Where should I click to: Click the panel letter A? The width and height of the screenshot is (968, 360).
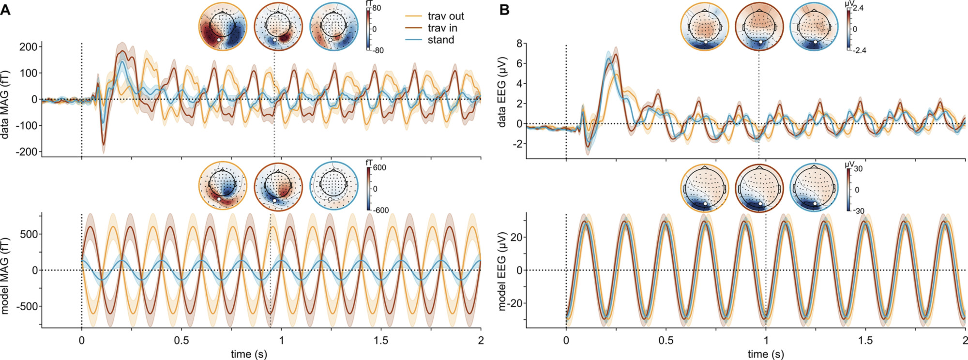[5, 10]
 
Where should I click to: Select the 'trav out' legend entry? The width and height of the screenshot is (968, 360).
[446, 16]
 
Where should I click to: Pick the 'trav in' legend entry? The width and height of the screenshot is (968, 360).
[442, 28]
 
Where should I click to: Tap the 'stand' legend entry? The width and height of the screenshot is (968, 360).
[440, 40]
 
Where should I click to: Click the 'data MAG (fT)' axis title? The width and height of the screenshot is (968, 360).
[5, 105]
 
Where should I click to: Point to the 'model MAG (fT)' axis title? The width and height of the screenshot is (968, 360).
[5, 276]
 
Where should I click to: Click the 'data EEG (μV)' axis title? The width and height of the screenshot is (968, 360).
[502, 92]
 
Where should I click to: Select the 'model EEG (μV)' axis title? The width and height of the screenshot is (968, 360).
[502, 271]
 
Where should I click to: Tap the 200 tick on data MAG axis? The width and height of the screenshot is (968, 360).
[28, 47]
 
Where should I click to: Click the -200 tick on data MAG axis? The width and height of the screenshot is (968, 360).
[27, 151]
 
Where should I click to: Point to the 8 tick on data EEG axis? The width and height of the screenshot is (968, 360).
[519, 44]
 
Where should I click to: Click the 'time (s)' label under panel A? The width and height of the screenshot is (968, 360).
[249, 354]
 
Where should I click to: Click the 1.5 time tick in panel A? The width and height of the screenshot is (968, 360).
[381, 340]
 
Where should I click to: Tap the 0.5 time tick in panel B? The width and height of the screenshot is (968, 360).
[665, 340]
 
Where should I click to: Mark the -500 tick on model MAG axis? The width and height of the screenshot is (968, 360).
[27, 306]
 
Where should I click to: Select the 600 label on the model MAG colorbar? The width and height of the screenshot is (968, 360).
[379, 168]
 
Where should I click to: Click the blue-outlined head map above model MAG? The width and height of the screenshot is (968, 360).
[333, 186]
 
